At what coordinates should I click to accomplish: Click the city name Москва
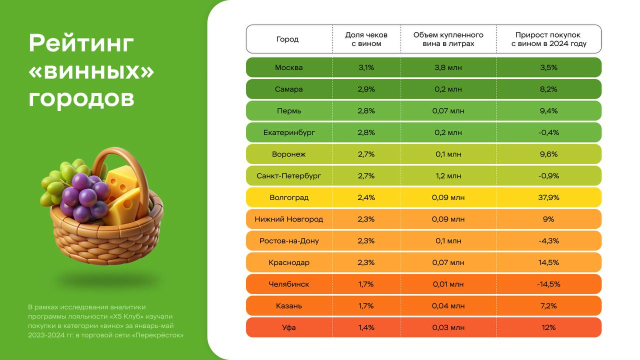288,67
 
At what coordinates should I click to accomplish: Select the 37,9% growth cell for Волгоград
548,197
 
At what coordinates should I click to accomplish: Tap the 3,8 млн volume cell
448,67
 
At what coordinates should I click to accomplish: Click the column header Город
287,39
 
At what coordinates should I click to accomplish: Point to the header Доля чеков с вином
366,39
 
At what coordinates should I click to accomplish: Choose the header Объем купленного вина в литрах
448,39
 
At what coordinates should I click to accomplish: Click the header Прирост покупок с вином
548,39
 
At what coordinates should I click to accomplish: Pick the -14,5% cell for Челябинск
548,284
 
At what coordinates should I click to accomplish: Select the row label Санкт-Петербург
288,176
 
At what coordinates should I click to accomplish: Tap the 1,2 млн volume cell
448,176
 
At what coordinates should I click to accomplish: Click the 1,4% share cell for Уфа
366,327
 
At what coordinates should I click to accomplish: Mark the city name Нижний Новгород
288,219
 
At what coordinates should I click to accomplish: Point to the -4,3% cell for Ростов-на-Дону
548,240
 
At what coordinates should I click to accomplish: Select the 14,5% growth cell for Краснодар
548,262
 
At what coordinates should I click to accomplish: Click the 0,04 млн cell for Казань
448,305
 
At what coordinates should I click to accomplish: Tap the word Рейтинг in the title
81,43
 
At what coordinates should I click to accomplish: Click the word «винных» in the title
91,71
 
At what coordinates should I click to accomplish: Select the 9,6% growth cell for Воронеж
548,154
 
